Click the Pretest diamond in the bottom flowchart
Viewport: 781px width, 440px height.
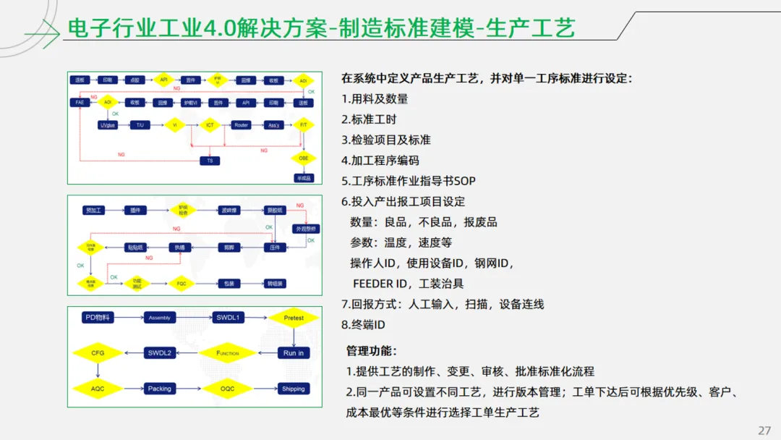(294, 318)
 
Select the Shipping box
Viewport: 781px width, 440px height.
(294, 389)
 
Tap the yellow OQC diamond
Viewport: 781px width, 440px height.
(227, 389)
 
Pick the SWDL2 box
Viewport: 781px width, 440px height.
(159, 353)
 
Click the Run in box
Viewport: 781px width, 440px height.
(294, 353)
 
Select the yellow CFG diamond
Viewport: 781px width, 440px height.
(98, 353)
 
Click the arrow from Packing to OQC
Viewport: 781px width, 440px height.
(189, 389)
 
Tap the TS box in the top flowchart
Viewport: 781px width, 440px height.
(210, 160)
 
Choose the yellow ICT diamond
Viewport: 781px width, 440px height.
(210, 125)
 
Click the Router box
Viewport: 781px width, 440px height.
(242, 125)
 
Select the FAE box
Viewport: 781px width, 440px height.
(80, 103)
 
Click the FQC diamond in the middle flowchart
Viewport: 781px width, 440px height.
(182, 284)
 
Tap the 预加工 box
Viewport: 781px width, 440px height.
(95, 211)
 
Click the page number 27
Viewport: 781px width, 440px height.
(764, 431)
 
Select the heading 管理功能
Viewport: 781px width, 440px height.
(371, 351)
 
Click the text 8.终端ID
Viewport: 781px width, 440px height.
(363, 325)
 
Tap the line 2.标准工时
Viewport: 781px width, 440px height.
(369, 119)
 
